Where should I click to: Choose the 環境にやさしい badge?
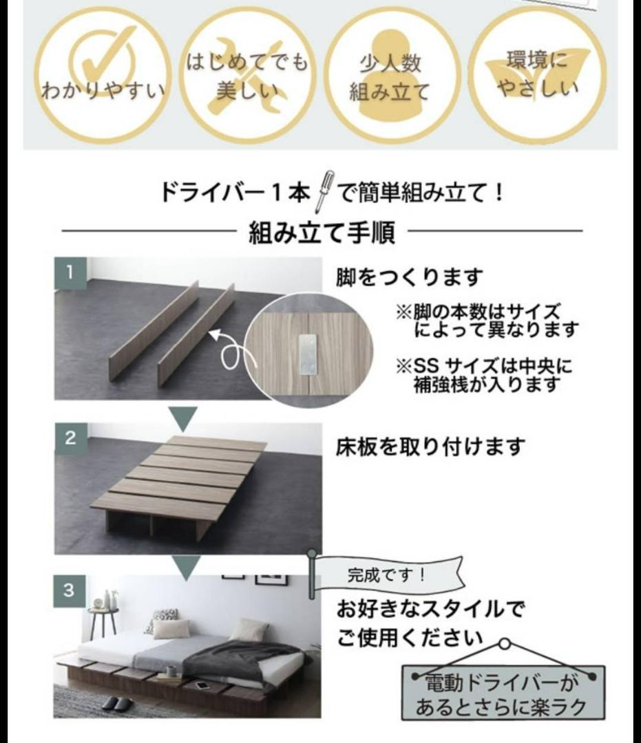tap(537, 76)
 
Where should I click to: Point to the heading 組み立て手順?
tap(322, 233)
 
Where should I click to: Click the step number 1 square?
tap(70, 272)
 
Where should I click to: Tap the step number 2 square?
tap(70, 438)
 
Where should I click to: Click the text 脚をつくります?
tap(409, 277)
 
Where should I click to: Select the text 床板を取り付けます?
tap(430, 447)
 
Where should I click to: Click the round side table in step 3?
tap(103, 619)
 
